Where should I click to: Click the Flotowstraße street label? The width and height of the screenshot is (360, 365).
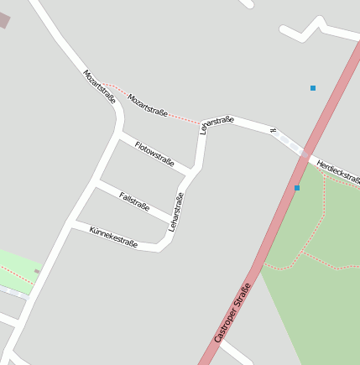tap(154, 153)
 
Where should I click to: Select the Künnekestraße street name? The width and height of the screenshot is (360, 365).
tap(113, 237)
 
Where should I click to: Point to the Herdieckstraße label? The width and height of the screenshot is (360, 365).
tap(338, 171)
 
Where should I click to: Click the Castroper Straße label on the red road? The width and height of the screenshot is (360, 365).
tap(232, 312)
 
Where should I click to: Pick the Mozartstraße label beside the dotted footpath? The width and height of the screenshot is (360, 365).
tap(148, 105)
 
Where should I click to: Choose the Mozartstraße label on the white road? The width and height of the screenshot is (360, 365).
tap(99, 86)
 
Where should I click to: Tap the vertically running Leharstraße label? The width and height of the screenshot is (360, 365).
tap(175, 211)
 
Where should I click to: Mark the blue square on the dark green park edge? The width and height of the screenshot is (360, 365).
tap(297, 188)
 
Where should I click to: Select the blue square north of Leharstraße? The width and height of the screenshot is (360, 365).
tap(313, 87)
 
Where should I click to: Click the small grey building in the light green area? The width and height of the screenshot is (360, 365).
tap(36, 271)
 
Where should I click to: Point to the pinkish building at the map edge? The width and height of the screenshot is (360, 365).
tap(3, 20)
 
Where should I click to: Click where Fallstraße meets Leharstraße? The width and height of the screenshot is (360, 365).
tap(173, 222)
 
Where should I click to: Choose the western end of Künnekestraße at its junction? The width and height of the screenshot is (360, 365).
tap(70, 224)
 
